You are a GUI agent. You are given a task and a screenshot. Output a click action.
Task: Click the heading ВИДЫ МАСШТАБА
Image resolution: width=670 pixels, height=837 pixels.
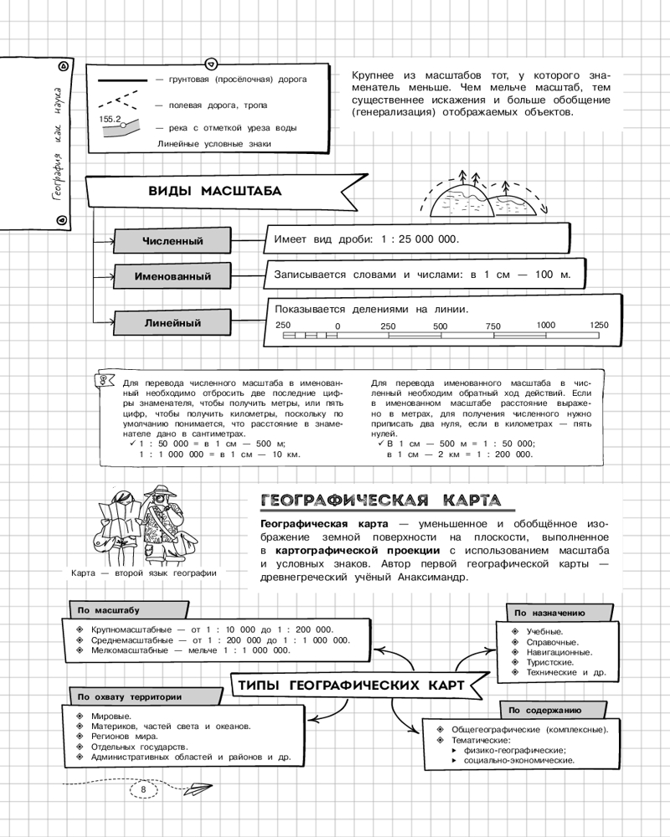214,191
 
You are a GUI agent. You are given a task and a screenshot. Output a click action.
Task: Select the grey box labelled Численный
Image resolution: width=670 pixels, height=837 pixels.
172,242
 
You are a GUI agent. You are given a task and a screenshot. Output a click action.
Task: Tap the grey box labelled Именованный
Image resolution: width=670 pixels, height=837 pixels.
173,276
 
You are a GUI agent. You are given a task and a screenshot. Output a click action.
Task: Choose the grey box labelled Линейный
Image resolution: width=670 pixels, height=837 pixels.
173,322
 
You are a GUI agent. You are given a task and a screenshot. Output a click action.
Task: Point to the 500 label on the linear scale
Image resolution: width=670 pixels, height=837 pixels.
441,326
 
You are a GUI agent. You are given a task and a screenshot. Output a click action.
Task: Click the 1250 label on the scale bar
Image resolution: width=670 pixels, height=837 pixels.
599,325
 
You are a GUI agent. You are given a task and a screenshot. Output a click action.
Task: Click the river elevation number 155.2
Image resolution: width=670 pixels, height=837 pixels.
111,120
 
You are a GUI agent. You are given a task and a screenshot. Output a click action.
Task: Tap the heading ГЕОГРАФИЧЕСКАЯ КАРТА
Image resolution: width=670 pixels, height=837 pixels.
381,501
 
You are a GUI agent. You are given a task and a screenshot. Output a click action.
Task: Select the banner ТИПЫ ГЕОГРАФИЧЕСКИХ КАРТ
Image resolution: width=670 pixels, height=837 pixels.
351,686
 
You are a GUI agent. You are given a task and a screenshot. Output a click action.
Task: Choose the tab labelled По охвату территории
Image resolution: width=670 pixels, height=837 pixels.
130,696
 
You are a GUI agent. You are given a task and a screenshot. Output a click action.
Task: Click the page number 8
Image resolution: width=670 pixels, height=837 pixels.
144,789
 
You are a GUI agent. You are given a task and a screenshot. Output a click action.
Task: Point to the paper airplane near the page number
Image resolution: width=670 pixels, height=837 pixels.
199,788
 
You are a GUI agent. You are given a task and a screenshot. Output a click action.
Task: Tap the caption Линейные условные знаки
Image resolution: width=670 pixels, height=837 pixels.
214,144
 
